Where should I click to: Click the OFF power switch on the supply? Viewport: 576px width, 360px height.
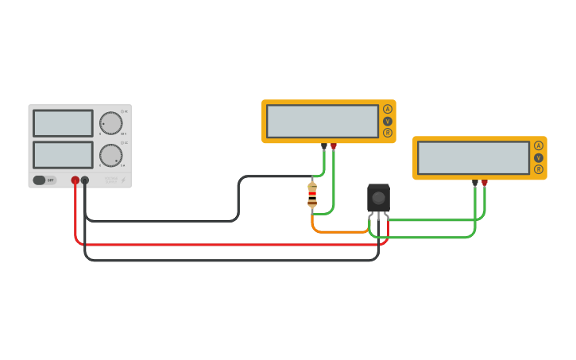44,180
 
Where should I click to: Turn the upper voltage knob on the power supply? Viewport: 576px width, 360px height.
111,123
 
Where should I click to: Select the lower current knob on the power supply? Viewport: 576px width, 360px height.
111,155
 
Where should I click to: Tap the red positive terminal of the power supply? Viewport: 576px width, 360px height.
75,180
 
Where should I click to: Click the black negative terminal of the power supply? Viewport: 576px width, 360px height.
85,180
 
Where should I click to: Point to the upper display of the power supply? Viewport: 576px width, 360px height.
63,123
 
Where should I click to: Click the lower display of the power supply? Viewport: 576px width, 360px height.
63,154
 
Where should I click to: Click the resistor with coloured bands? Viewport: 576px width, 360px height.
312,195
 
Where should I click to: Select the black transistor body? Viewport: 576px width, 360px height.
378,198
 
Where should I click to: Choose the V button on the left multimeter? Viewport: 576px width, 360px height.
388,122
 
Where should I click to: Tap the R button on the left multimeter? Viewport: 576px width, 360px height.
388,133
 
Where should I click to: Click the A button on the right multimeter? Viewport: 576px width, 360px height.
539,145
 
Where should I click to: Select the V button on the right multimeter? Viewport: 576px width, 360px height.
539,157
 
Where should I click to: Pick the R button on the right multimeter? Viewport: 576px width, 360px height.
539,169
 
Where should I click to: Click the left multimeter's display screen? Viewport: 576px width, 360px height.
323,122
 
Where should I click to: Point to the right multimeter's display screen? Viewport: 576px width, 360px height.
474,158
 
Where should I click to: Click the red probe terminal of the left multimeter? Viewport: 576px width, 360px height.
334,146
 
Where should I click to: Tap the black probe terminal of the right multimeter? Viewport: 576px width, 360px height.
475,183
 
